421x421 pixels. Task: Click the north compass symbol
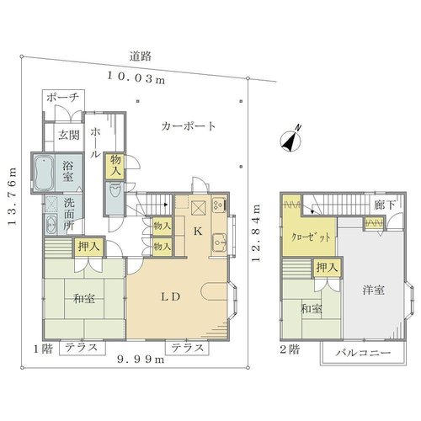(x=291, y=139)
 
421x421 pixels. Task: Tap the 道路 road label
(x=140, y=56)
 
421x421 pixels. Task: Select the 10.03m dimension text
(x=136, y=78)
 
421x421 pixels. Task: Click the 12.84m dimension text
(x=256, y=233)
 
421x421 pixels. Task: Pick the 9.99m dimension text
(x=141, y=359)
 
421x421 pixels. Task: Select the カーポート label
(x=189, y=126)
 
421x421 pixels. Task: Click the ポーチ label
(x=63, y=98)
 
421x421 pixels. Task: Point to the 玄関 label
(x=69, y=136)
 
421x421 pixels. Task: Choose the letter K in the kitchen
(x=198, y=232)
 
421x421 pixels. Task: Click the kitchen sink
(x=219, y=242)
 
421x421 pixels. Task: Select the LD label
(x=170, y=296)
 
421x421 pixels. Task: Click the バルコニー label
(x=363, y=353)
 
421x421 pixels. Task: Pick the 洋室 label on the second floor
(x=373, y=290)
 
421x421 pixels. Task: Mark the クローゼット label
(x=311, y=237)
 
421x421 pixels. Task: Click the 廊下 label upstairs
(x=385, y=205)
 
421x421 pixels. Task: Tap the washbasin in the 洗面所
(x=51, y=225)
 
